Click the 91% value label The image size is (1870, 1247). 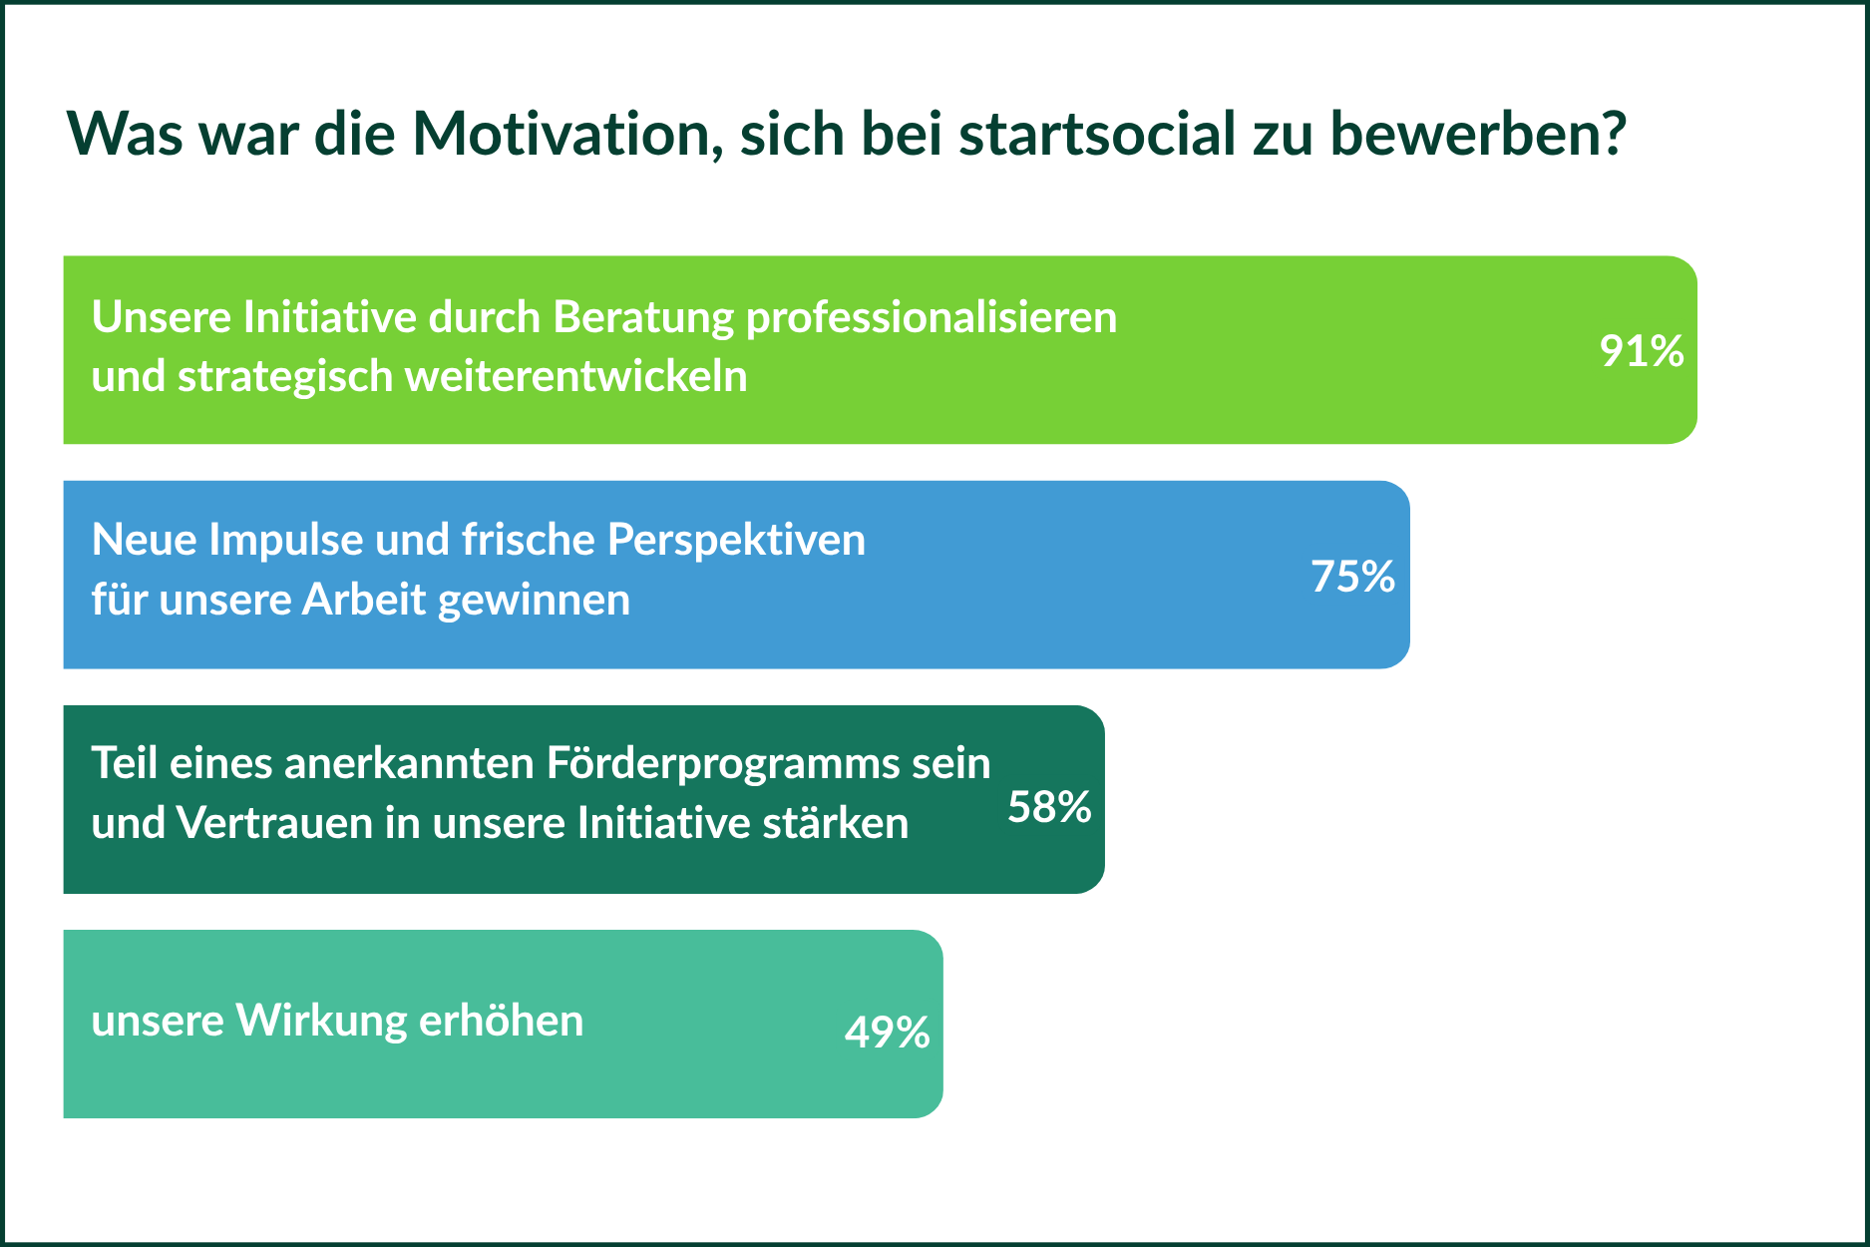pyautogui.click(x=1642, y=351)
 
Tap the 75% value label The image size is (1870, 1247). pyautogui.click(x=1352, y=577)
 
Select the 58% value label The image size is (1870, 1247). pyautogui.click(x=1049, y=807)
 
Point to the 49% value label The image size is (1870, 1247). pyautogui.click(x=887, y=1033)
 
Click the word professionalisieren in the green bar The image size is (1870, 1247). pyautogui.click(x=932, y=318)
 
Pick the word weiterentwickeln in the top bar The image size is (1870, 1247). pyautogui.click(x=576, y=376)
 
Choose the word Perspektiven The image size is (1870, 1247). pyautogui.click(x=736, y=542)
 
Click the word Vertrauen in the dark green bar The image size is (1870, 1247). pyautogui.click(x=274, y=823)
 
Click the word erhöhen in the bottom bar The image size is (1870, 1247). pyautogui.click(x=501, y=1021)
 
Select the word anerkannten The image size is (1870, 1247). pyautogui.click(x=410, y=764)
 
